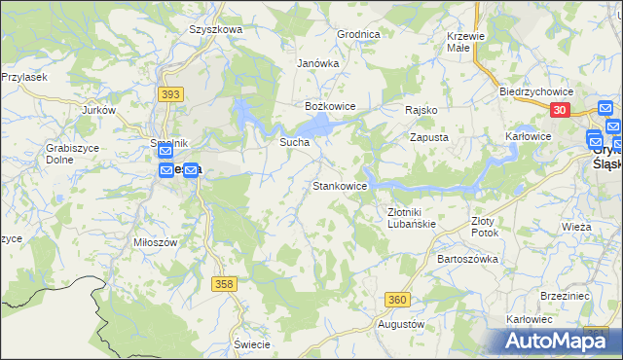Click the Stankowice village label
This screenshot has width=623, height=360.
click(x=339, y=185)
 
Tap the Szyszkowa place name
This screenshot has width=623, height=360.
click(x=215, y=29)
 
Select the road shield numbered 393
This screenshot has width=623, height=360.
click(x=170, y=94)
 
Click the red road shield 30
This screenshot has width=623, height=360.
click(x=560, y=111)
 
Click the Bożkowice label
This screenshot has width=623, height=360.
click(x=331, y=105)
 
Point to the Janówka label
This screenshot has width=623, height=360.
click(x=317, y=63)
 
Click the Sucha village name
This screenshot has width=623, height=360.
click(x=294, y=142)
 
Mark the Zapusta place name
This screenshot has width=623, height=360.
click(x=428, y=138)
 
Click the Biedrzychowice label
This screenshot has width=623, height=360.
click(x=534, y=90)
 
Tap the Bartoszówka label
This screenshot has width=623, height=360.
click(x=468, y=259)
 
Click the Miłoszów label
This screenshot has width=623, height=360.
click(x=155, y=241)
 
